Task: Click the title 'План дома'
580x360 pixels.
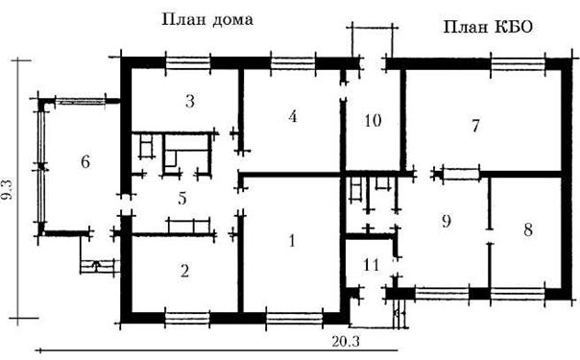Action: pos(207,20)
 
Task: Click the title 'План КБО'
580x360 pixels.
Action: pos(488,27)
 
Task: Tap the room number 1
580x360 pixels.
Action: pos(292,241)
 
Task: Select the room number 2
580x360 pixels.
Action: pos(184,271)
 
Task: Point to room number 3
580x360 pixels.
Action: pos(190,101)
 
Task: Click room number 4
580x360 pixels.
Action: pos(293,116)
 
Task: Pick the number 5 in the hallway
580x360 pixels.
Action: pos(182,199)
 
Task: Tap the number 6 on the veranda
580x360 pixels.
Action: pos(85,161)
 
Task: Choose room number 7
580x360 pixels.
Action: pos(475,126)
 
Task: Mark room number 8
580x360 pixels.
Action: pos(528,229)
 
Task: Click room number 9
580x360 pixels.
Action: pos(447,221)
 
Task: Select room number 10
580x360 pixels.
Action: pos(373,121)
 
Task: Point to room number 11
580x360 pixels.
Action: pos(372,265)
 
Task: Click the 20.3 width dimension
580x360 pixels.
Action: pos(346,342)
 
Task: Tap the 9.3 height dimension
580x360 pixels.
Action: pos(7,189)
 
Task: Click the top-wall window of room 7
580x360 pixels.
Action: pos(518,63)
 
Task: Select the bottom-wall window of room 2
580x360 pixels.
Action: pos(187,318)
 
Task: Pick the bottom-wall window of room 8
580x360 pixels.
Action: pos(518,294)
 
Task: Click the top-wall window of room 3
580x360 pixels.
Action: pos(188,63)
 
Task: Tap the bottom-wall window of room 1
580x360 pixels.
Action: pos(295,318)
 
